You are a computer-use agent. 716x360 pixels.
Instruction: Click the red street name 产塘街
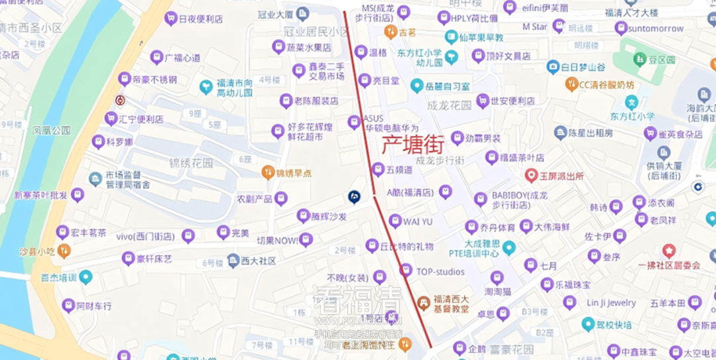coord(411,143)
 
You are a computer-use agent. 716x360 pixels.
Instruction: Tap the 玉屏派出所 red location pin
coord(531,176)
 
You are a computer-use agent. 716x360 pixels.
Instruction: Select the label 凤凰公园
coord(52,131)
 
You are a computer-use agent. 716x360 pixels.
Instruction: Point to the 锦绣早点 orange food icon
coord(268,172)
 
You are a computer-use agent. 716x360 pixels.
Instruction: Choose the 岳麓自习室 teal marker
coord(416,86)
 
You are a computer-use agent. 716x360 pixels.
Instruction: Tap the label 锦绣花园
coord(191,163)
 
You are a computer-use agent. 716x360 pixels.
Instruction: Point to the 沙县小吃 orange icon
coord(64,251)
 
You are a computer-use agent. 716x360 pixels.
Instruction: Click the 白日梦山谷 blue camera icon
coord(553,67)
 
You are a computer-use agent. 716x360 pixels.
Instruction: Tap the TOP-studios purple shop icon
coord(406,270)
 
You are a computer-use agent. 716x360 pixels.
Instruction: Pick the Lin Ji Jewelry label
coord(611,303)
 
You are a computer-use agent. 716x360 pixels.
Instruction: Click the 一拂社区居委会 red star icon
coord(668,251)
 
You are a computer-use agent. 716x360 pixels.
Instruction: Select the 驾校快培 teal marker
coord(587,324)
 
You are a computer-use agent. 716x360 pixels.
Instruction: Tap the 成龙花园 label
coord(449,105)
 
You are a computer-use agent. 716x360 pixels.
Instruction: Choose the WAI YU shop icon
coord(395,221)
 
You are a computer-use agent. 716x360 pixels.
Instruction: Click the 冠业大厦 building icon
coord(302,13)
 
